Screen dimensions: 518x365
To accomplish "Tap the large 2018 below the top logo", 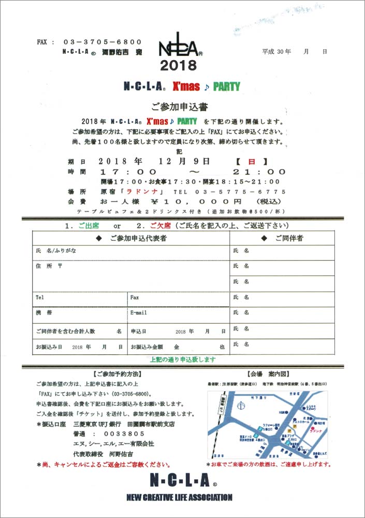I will pyautogui.click(x=178, y=66).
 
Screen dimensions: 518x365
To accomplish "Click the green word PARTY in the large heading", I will pyautogui.click(x=226, y=87).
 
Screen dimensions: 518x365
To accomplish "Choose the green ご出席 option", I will pyautogui.click(x=88, y=226).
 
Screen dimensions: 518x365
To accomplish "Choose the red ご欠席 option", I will pyautogui.click(x=159, y=226).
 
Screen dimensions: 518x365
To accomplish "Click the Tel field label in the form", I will pyautogui.click(x=40, y=298).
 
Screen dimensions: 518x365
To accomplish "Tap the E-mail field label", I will pyautogui.click(x=139, y=313).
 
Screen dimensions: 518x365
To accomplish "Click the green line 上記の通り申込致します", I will pyautogui.click(x=183, y=359).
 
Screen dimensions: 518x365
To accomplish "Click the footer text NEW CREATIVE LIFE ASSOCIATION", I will pyautogui.click(x=179, y=498).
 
